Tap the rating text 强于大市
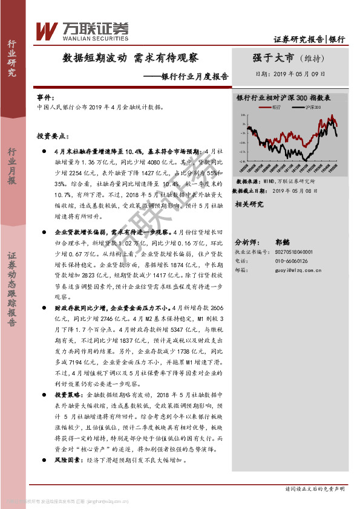coord(273,58)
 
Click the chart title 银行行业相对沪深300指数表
coord(283,97)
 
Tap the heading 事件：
coord(45,97)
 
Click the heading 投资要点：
coord(50,137)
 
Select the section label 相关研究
coord(249,204)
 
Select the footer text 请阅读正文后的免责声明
coord(314,488)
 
